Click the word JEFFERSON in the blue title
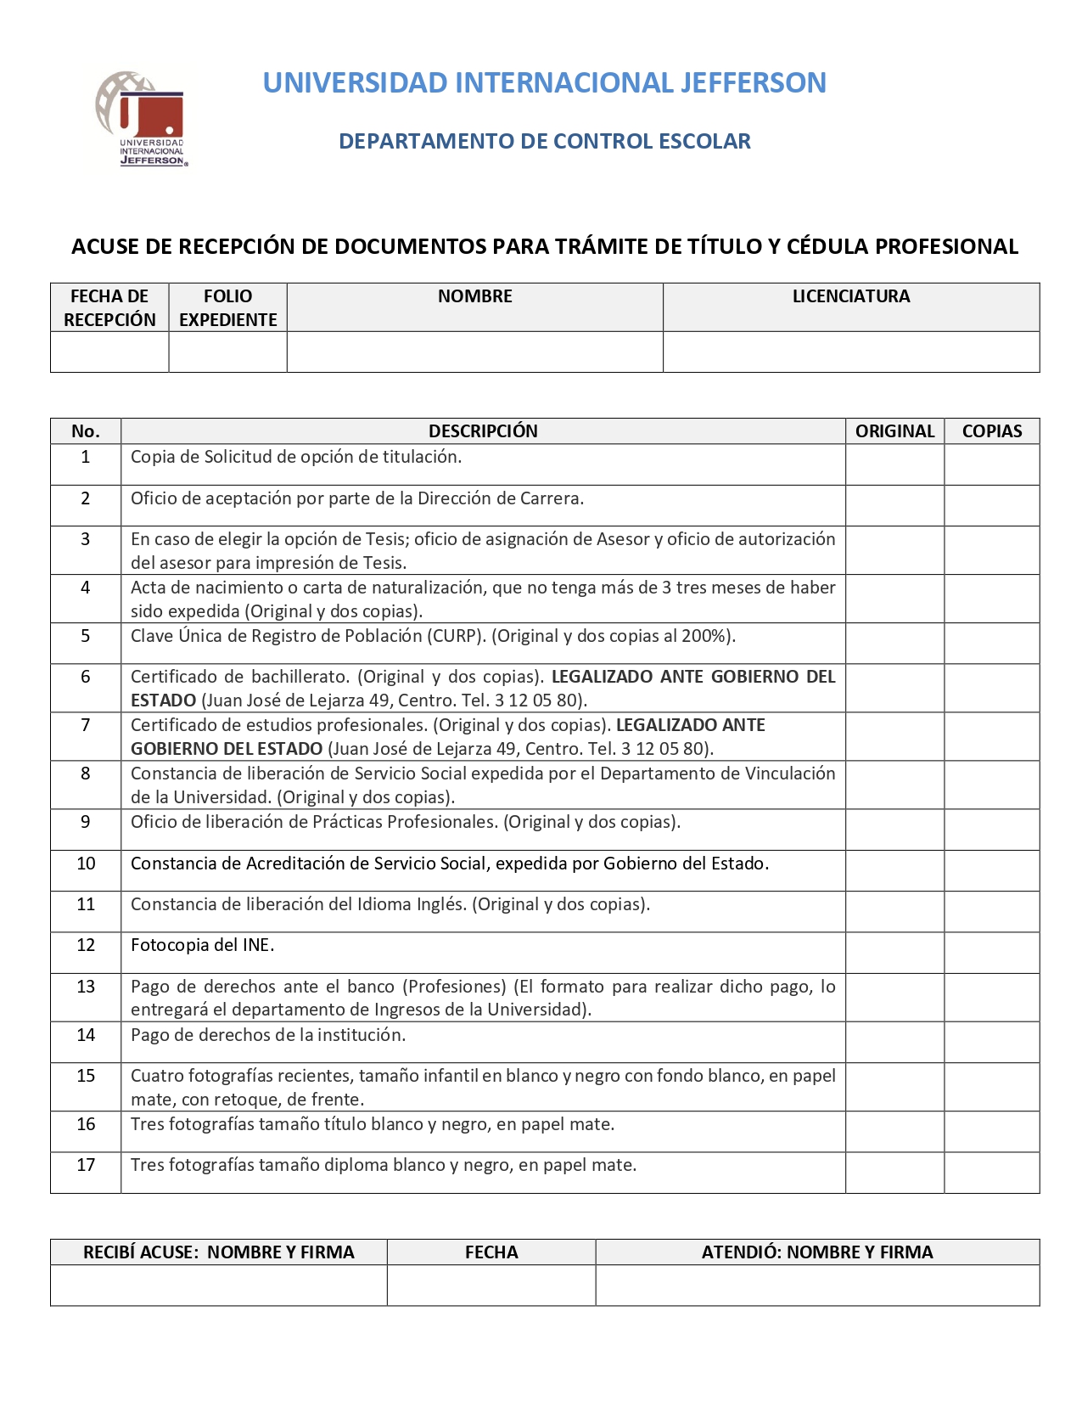click(x=754, y=82)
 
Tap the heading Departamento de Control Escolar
click(x=544, y=141)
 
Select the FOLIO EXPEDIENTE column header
click(x=227, y=307)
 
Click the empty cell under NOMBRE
click(x=474, y=352)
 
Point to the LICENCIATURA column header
click(x=850, y=296)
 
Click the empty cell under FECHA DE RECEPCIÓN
click(x=109, y=352)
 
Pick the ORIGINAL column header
click(x=894, y=431)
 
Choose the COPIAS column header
click(x=991, y=431)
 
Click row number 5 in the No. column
click(x=85, y=636)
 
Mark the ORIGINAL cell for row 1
click(x=894, y=464)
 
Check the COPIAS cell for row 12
click(x=991, y=953)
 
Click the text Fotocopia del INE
click(x=202, y=945)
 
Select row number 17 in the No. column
click(x=86, y=1165)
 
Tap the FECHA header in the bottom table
click(x=491, y=1252)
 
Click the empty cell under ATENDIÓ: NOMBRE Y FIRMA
click(x=817, y=1286)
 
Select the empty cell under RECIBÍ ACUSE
click(x=218, y=1286)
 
